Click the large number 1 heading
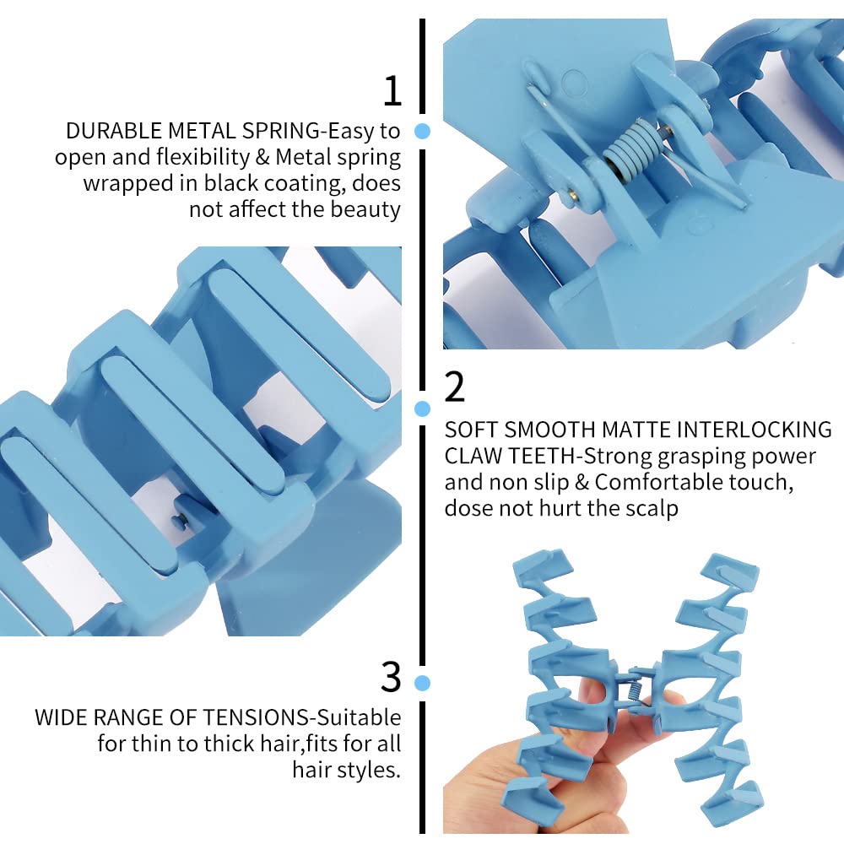pos(392,91)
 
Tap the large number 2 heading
pos(454,387)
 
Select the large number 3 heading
pos(391,677)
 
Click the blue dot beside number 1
pos(423,131)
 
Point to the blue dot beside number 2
pos(423,408)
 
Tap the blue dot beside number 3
pos(423,683)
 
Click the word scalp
pos(649,509)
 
